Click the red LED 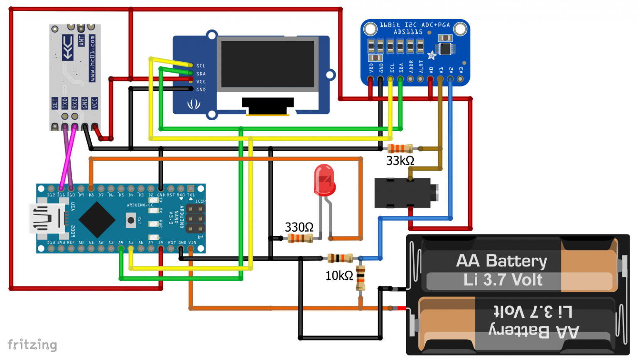click(x=325, y=180)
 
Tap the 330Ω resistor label click(x=299, y=227)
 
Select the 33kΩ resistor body click(x=400, y=148)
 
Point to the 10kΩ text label click(x=339, y=275)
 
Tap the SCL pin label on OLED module click(x=201, y=66)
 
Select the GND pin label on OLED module click(x=201, y=90)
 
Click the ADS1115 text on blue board click(x=408, y=32)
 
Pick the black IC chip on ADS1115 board click(x=445, y=49)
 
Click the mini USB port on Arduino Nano click(x=44, y=218)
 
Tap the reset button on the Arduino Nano click(x=131, y=220)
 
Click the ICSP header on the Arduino click(x=195, y=218)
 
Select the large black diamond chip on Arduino click(x=97, y=220)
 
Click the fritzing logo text click(x=32, y=345)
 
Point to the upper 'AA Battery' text click(x=501, y=261)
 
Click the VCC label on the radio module click(x=95, y=103)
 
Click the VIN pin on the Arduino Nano click(x=191, y=248)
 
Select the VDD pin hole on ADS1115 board click(x=371, y=78)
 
